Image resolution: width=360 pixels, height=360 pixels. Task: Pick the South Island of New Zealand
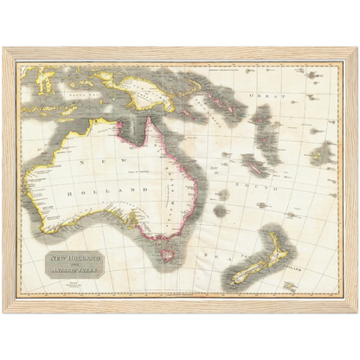tap(247, 273)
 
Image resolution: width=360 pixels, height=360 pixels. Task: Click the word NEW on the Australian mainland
tap(100, 164)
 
